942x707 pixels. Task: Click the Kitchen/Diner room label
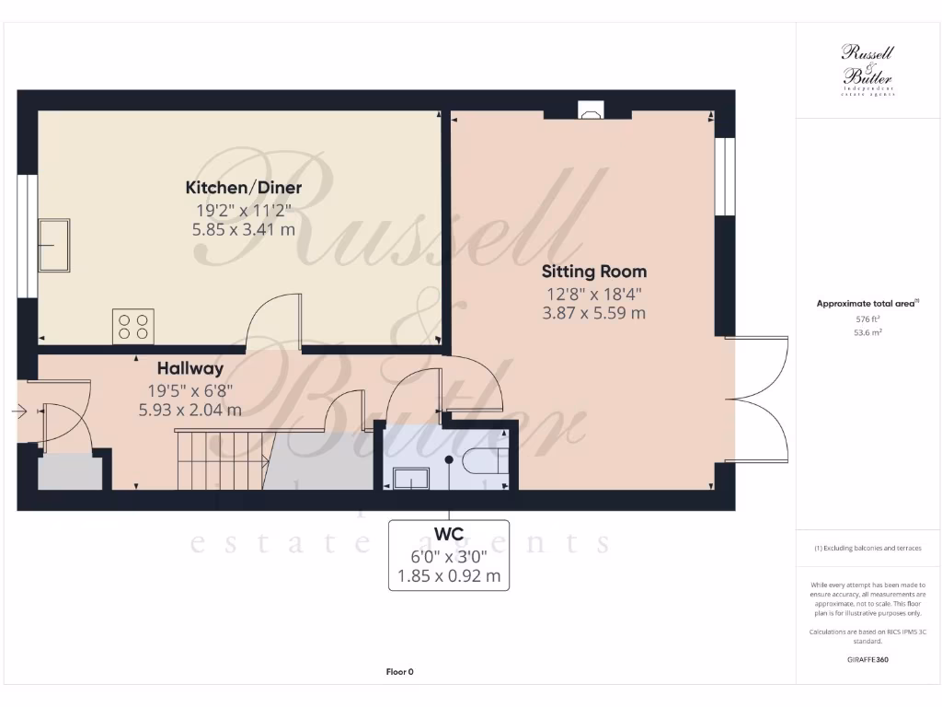pyautogui.click(x=244, y=188)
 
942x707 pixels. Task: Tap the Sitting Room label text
pyautogui.click(x=593, y=272)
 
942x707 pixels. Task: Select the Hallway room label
pyautogui.click(x=190, y=368)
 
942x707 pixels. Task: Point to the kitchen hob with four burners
pyautogui.click(x=132, y=327)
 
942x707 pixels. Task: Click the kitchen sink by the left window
pyautogui.click(x=54, y=245)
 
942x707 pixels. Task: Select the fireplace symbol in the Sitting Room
pyautogui.click(x=589, y=111)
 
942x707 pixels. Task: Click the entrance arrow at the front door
pyautogui.click(x=20, y=412)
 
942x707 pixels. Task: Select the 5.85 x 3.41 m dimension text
pyautogui.click(x=244, y=229)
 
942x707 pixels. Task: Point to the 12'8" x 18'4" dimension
pyautogui.click(x=593, y=295)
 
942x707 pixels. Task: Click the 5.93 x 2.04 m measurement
pyautogui.click(x=190, y=410)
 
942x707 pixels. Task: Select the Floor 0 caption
pyautogui.click(x=399, y=672)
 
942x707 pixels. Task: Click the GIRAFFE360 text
pyautogui.click(x=868, y=659)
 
